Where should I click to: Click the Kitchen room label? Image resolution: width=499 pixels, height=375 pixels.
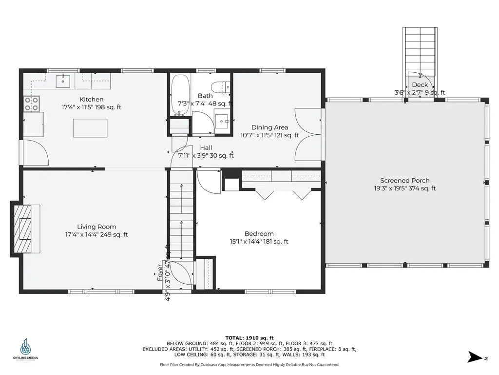click(92, 100)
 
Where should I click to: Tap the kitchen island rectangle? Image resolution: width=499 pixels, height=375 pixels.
click(90, 128)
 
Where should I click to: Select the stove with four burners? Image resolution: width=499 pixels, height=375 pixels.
click(32, 103)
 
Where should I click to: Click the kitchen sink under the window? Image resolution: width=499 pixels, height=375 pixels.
click(63, 81)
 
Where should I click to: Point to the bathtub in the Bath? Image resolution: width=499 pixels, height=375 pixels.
click(180, 95)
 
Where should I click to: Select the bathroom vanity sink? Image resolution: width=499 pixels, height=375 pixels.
click(222, 119)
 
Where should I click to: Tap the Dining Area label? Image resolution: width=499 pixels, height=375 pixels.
click(269, 127)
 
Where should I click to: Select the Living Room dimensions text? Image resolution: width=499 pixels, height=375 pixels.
click(96, 234)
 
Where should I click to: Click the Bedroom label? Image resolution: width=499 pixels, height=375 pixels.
click(259, 233)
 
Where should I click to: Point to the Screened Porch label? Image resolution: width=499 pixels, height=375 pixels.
click(405, 181)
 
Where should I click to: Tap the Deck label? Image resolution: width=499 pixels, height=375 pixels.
click(420, 85)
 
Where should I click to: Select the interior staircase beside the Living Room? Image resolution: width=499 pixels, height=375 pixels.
click(181, 215)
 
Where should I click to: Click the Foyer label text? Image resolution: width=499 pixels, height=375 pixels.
click(159, 272)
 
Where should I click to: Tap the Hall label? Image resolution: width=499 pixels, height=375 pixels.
click(206, 148)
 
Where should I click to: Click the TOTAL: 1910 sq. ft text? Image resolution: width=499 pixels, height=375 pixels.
click(249, 337)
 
